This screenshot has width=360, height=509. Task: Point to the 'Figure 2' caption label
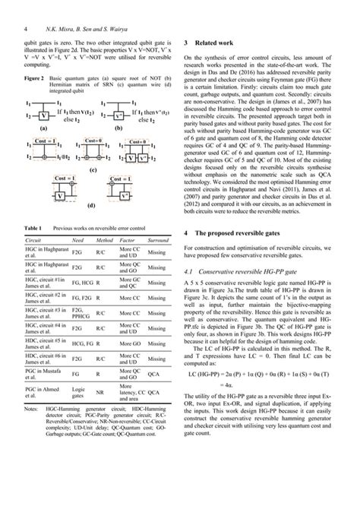tap(35, 77)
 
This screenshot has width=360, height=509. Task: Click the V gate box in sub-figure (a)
tap(46, 116)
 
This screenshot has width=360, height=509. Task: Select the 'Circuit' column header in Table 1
tap(35, 240)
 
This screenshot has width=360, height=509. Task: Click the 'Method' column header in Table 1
tap(103, 240)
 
